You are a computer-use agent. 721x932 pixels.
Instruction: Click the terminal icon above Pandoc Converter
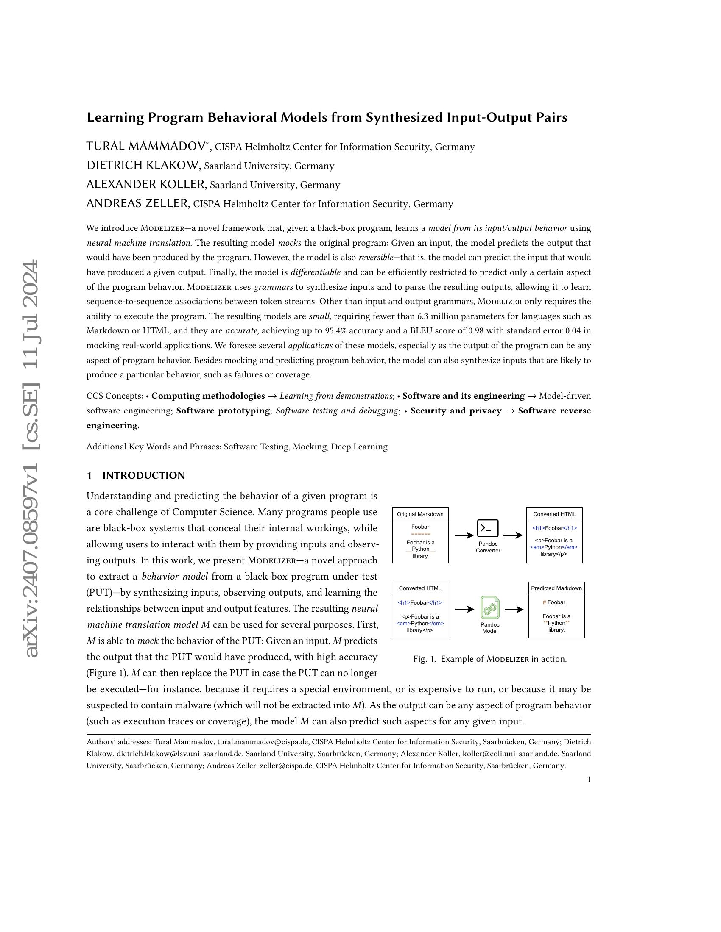pyautogui.click(x=488, y=528)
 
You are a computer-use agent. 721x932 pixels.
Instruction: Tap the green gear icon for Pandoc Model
pyautogui.click(x=490, y=607)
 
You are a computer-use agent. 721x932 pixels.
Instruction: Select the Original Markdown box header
pyautogui.click(x=420, y=514)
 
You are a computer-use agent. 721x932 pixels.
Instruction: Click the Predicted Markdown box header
pyautogui.click(x=556, y=588)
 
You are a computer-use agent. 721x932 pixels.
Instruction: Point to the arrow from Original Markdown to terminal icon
pyautogui.click(x=464, y=535)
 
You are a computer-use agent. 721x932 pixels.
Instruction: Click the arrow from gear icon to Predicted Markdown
pyautogui.click(x=514, y=610)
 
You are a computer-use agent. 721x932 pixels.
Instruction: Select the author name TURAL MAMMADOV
pyautogui.click(x=145, y=147)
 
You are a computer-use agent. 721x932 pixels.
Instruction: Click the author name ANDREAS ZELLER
pyautogui.click(x=137, y=204)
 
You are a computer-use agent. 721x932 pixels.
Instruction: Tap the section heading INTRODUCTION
pyautogui.click(x=143, y=476)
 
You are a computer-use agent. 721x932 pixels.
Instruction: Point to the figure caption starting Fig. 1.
pyautogui.click(x=490, y=659)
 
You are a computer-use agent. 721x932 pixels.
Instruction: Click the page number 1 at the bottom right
pyautogui.click(x=589, y=779)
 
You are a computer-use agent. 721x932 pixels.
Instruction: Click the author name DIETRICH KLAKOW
pyautogui.click(x=143, y=166)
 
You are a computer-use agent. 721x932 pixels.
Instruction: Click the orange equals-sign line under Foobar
pyautogui.click(x=420, y=534)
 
